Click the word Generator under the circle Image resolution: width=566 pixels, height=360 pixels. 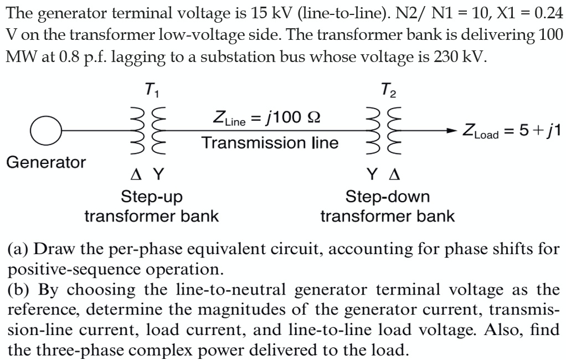46,162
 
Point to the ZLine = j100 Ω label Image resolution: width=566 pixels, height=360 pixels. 266,118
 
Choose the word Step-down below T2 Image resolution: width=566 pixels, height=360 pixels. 387,197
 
